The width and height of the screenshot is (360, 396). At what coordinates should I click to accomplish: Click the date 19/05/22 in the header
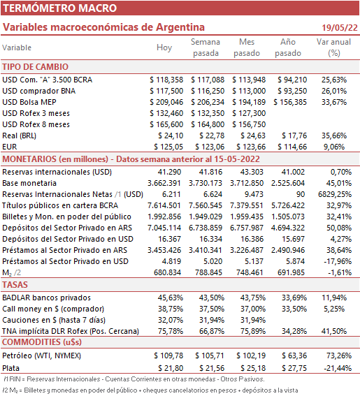pyautogui.click(x=340, y=27)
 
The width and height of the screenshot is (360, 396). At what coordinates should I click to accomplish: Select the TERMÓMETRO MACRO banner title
pyautogui.click(x=59, y=8)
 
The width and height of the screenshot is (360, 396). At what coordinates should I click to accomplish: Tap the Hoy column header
pyautogui.click(x=164, y=47)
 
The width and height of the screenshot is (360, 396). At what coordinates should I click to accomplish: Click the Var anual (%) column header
pyautogui.click(x=333, y=47)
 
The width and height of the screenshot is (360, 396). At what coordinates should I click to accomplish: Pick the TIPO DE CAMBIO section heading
pyautogui.click(x=36, y=67)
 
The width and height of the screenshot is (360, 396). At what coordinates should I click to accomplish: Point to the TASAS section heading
pyautogui.click(x=15, y=285)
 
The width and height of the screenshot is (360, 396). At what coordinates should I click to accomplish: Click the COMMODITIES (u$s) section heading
pyautogui.click(x=42, y=342)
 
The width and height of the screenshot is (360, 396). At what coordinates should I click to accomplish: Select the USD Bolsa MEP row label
pyautogui.click(x=29, y=102)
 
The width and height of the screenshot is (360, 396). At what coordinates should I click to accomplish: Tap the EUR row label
pyautogui.click(x=10, y=147)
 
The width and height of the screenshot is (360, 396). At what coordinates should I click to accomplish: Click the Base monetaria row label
pyautogui.click(x=29, y=183)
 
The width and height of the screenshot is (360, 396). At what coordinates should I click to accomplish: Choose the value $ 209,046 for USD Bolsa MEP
pyautogui.click(x=166, y=102)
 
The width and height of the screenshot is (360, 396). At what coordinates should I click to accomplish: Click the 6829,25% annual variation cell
pyautogui.click(x=335, y=194)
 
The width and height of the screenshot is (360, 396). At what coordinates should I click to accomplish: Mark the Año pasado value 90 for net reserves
pyautogui.click(x=301, y=194)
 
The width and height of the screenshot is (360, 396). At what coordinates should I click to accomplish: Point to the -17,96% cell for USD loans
pyautogui.click(x=338, y=261)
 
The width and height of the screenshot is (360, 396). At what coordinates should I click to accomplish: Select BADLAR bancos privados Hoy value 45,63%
pyautogui.click(x=171, y=298)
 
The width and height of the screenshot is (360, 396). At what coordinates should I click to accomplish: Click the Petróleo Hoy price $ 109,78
pyautogui.click(x=168, y=355)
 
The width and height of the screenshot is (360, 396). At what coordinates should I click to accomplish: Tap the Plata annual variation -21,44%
pyautogui.click(x=338, y=368)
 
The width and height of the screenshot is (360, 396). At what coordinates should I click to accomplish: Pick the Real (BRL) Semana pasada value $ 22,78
pyautogui.click(x=212, y=135)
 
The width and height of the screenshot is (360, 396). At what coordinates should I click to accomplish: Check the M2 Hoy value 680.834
pyautogui.click(x=167, y=272)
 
